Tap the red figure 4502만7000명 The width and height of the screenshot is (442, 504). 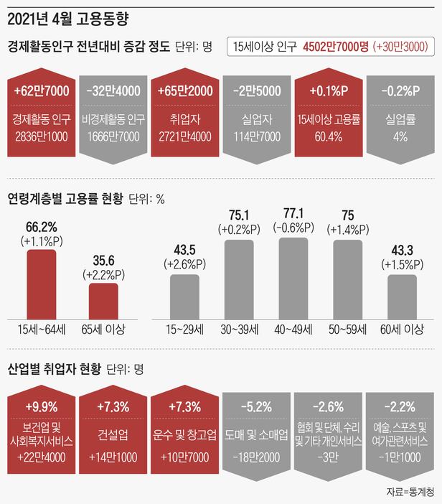click(336, 47)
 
